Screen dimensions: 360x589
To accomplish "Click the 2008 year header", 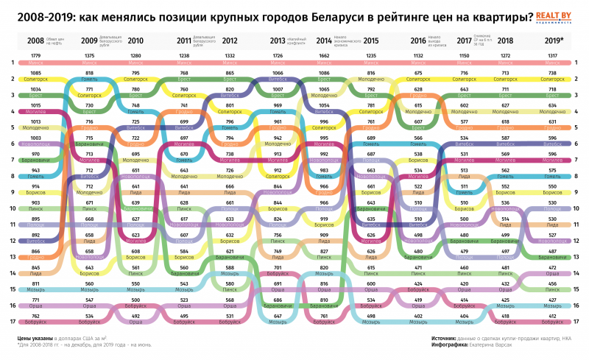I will click(35, 41).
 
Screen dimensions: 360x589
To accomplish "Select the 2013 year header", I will click(278, 41).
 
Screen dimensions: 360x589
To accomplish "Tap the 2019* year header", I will click(554, 41).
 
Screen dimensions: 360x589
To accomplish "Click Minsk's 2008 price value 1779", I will click(35, 57).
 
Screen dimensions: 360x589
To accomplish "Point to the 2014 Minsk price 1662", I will click(324, 57).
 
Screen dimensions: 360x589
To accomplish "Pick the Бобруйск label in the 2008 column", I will click(35, 322).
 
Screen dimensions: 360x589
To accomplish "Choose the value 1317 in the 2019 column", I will click(554, 57).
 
